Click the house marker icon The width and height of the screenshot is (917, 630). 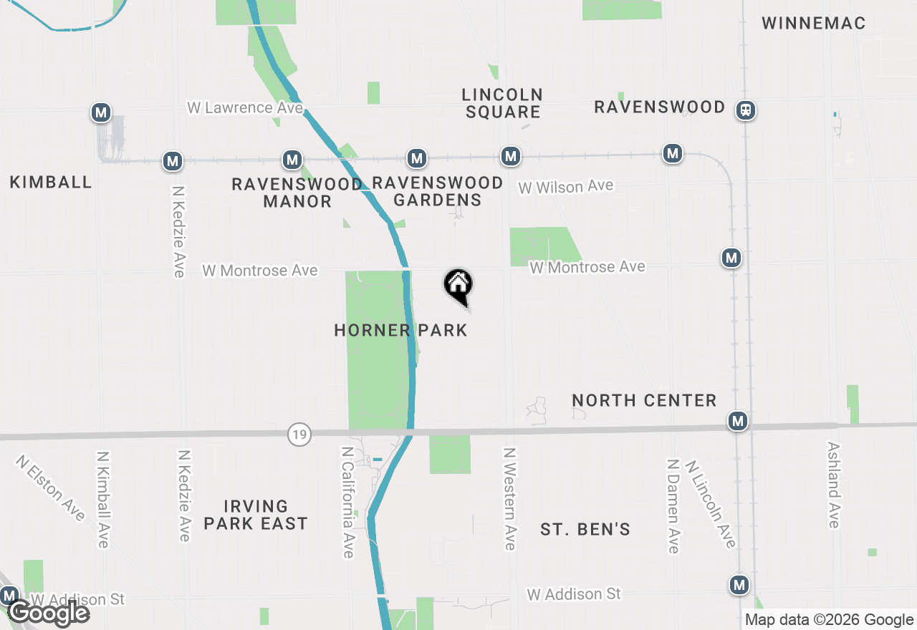pos(458,286)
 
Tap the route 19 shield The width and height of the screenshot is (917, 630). pos(299,434)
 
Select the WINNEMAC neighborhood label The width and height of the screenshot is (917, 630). pos(813,24)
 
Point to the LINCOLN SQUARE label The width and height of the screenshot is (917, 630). pos(502,103)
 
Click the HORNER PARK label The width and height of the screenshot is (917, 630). pos(400,330)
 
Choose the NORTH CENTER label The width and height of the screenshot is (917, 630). pos(645,401)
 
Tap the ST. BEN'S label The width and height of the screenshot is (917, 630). pos(585,530)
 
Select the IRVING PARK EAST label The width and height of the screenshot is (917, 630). pos(256,515)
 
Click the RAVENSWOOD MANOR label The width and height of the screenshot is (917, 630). pos(297,193)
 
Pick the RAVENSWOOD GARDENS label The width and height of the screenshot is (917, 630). pos(438,191)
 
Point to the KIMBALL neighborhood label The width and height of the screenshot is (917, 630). pos(51,183)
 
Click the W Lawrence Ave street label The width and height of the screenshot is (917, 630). pos(245,108)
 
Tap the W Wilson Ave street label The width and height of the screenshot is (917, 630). pos(566,187)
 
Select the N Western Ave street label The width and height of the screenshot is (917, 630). pos(509,499)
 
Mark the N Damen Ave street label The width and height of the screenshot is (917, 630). pos(673,506)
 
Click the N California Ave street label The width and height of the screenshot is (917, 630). pos(347,503)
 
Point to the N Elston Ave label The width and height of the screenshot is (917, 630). pos(50,487)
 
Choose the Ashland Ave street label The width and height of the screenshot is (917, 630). pos(833,485)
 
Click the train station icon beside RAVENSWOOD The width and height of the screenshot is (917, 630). pos(746,110)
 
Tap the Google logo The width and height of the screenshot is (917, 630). pos(49,614)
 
